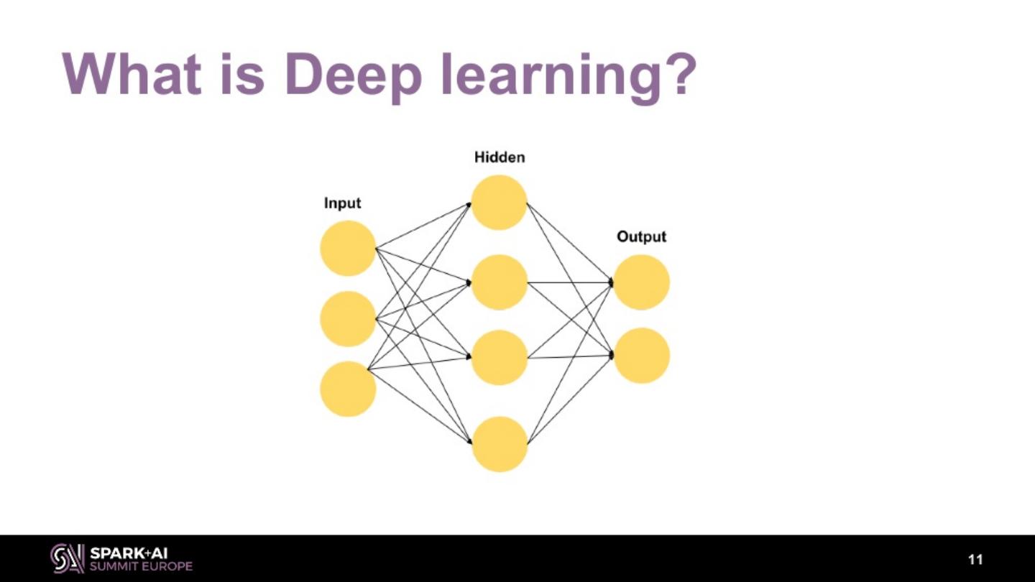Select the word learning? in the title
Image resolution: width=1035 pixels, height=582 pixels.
(x=569, y=75)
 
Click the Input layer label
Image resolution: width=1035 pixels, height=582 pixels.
(x=342, y=203)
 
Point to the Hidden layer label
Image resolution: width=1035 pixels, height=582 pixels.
(x=500, y=157)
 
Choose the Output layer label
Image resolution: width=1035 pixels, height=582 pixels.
(x=641, y=236)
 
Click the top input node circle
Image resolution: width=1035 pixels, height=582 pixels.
(x=348, y=248)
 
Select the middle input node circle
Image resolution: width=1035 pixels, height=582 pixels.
(x=348, y=318)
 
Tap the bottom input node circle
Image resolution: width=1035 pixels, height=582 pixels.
(x=348, y=389)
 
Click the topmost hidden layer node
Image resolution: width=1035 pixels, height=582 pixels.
(x=500, y=202)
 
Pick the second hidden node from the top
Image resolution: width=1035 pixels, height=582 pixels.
(x=500, y=282)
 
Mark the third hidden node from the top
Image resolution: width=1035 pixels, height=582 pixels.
(x=500, y=357)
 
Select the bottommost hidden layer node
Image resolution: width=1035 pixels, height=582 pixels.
(x=500, y=444)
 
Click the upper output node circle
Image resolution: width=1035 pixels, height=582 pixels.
(x=641, y=282)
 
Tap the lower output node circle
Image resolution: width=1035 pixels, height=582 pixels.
(x=641, y=355)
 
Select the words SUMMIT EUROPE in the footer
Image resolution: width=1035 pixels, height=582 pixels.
(x=141, y=566)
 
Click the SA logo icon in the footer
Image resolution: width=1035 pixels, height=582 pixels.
(x=67, y=558)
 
